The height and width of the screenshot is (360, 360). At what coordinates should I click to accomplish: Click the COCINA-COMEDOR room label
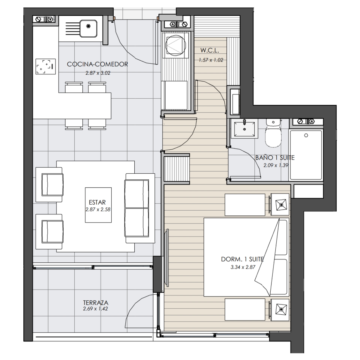97,64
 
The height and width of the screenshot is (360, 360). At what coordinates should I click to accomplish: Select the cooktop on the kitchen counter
46,66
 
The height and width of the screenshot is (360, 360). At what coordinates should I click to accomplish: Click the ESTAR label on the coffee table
97,202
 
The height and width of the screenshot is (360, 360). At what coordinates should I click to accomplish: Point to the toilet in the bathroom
273,133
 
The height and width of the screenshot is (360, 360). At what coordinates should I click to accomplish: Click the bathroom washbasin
244,129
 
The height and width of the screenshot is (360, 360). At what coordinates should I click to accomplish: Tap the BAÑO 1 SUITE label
275,158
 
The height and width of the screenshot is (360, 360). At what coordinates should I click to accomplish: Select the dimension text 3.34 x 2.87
243,267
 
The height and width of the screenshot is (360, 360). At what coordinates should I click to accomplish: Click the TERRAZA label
96,302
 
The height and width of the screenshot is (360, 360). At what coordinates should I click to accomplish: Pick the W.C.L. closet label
210,50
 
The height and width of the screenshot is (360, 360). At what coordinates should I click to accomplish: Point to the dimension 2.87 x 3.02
98,73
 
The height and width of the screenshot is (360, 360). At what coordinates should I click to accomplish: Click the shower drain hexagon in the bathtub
306,135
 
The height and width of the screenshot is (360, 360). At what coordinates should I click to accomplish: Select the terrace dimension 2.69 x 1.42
95,309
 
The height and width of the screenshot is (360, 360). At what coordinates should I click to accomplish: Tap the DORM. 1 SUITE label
242,259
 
